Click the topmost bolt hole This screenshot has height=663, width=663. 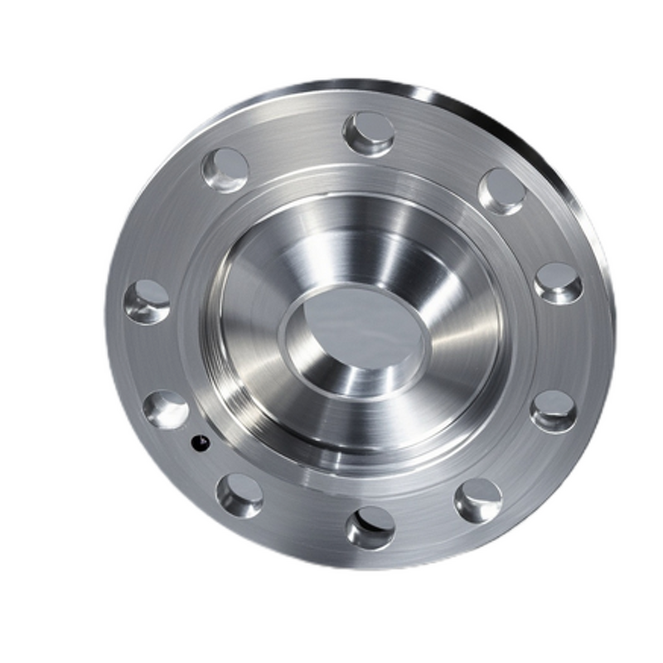click(369, 133)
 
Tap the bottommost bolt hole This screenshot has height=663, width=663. click(370, 527)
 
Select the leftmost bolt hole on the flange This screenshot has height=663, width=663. click(147, 301)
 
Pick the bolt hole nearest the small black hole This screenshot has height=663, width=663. click(166, 409)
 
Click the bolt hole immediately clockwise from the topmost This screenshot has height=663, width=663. click(501, 191)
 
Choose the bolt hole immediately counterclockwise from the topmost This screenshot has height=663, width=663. click(225, 170)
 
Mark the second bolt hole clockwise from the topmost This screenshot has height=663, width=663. click(558, 283)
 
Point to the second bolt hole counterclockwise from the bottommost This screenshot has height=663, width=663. click(553, 410)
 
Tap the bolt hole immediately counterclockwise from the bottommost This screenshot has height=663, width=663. click(478, 500)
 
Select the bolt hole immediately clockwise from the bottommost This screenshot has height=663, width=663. click(240, 495)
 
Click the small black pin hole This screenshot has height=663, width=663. click(199, 444)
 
